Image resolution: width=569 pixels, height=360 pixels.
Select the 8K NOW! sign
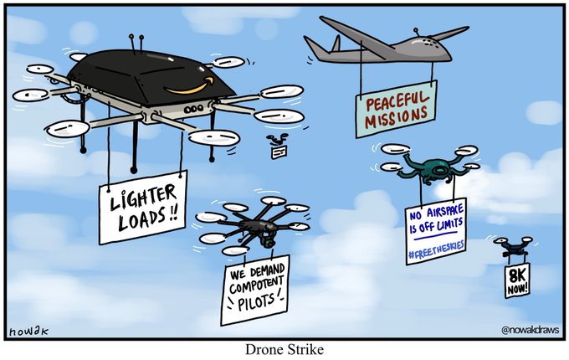pyautogui.click(x=516, y=281)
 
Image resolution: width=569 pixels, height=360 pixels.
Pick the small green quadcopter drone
pyautogui.click(x=429, y=167)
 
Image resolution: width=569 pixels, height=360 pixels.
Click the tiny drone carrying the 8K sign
pyautogui.click(x=511, y=246)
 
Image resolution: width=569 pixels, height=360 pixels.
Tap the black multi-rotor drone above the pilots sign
pyautogui.click(x=253, y=227)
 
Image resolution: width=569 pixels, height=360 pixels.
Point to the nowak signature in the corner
pyautogui.click(x=27, y=332)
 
